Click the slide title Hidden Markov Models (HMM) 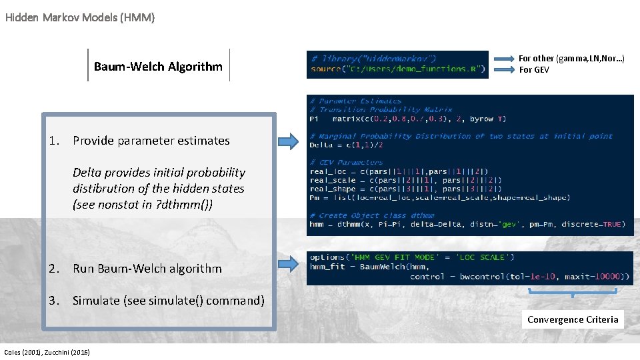(x=80, y=18)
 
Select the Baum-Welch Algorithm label (x=158, y=66)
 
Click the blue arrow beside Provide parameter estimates (x=288, y=141)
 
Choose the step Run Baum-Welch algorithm (x=147, y=269)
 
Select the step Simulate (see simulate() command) (x=168, y=301)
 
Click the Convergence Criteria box (x=573, y=319)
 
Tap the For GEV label (x=534, y=70)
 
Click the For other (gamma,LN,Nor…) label (x=571, y=59)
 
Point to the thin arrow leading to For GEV (x=504, y=69)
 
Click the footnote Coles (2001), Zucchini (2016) (x=47, y=352)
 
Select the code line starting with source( (x=398, y=69)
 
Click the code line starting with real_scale (x=399, y=180)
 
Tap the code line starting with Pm (x=439, y=197)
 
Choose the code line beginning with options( (x=411, y=257)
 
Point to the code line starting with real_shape (x=399, y=189)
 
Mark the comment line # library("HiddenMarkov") (x=373, y=59)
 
